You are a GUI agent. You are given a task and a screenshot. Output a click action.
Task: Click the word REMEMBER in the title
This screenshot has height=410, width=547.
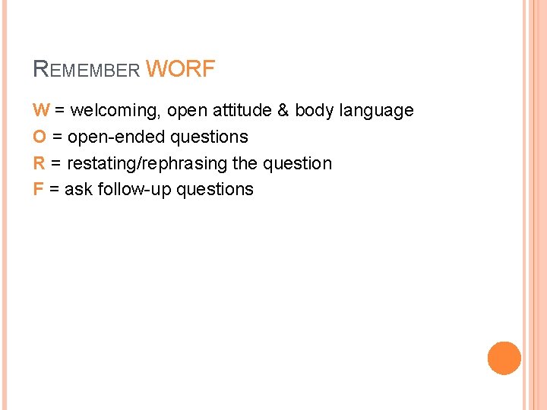click(87, 71)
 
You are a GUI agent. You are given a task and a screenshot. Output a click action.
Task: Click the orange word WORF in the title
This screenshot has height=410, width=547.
click(180, 70)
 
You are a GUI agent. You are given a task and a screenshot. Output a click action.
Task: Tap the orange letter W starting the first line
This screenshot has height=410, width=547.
click(41, 110)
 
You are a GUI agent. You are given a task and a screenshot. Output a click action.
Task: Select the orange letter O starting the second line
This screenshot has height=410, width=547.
click(40, 137)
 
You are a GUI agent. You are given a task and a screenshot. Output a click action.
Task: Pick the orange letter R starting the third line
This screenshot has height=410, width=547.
click(39, 163)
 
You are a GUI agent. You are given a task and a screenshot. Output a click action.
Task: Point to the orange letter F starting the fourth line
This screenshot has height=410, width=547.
click(38, 189)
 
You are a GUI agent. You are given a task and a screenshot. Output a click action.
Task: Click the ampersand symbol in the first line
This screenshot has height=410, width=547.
click(283, 110)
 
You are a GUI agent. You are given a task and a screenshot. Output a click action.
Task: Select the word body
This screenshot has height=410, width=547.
click(314, 111)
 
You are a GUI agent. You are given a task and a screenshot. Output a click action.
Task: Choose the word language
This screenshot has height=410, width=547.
click(376, 111)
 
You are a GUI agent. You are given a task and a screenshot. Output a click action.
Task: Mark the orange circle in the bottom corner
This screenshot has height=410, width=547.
click(504, 358)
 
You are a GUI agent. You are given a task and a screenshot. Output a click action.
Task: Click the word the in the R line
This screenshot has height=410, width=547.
click(245, 163)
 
